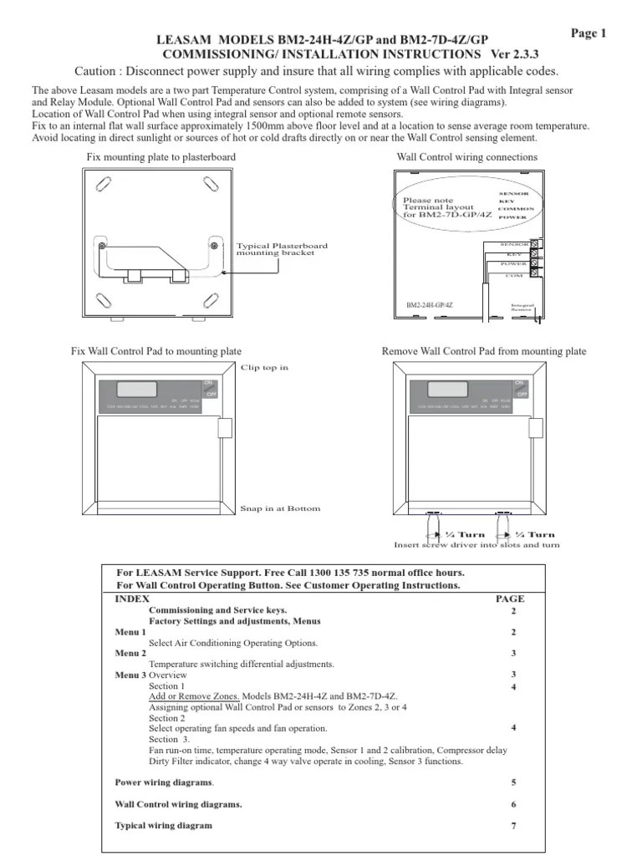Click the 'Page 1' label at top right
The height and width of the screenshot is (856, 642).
pyautogui.click(x=588, y=33)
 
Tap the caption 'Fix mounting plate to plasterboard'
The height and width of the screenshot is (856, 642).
pyautogui.click(x=160, y=157)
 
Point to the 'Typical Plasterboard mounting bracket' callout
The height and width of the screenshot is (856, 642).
pyautogui.click(x=282, y=249)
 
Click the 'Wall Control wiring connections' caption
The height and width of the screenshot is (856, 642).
pyautogui.click(x=467, y=157)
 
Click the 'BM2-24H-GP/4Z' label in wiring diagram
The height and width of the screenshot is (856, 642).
pyautogui.click(x=430, y=307)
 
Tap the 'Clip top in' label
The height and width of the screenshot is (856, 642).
pyautogui.click(x=264, y=368)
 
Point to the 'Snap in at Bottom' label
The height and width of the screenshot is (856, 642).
pyautogui.click(x=279, y=508)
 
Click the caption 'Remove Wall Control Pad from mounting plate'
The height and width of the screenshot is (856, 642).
pyautogui.click(x=483, y=352)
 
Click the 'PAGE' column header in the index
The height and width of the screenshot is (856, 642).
pyautogui.click(x=510, y=599)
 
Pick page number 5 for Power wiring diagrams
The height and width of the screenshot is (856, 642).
pyautogui.click(x=514, y=782)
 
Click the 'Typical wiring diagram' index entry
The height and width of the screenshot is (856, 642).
pyautogui.click(x=163, y=825)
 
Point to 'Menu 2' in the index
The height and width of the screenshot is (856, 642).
pyautogui.click(x=130, y=653)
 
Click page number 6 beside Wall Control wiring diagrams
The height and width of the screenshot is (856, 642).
pyautogui.click(x=514, y=804)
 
